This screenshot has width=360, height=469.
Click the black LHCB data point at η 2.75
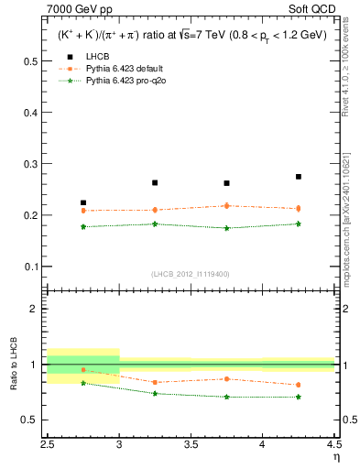(x=83, y=202)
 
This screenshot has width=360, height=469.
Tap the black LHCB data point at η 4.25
(x=299, y=177)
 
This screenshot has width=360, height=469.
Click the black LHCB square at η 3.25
(x=155, y=182)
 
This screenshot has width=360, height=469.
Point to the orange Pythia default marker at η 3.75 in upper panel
(x=227, y=205)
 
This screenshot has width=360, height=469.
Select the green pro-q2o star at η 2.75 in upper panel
(x=83, y=226)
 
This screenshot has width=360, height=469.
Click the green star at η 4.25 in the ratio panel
(x=299, y=397)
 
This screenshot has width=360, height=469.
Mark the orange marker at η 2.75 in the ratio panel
(x=83, y=370)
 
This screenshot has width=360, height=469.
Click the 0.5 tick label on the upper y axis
(x=30, y=61)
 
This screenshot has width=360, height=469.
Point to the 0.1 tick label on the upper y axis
(x=30, y=267)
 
